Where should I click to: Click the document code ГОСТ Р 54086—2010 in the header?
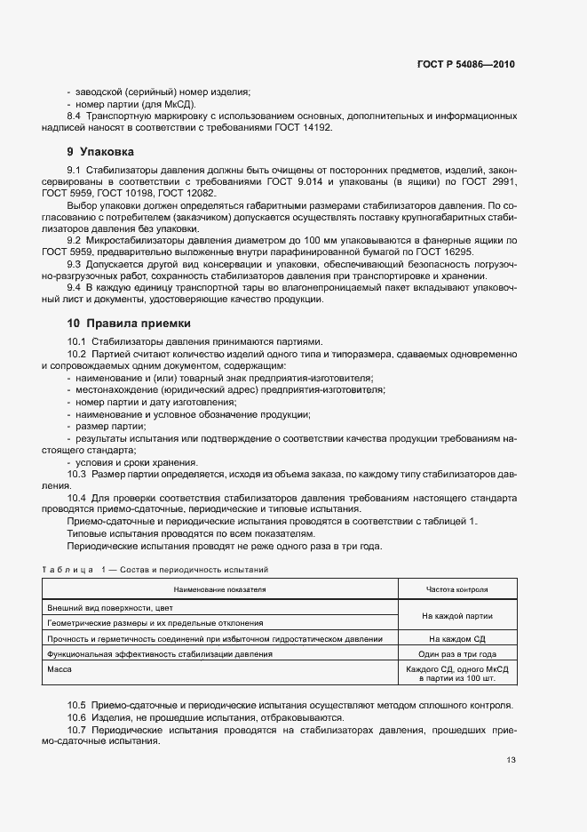[x=466, y=65]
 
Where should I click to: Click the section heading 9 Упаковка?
[x=101, y=152]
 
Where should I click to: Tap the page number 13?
[x=510, y=759]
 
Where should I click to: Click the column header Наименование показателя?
[x=220, y=588]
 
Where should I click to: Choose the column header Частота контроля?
[x=456, y=588]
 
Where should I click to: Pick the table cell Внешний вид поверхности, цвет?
[x=111, y=607]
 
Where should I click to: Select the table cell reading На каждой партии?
[x=456, y=615]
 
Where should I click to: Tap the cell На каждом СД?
[x=456, y=638]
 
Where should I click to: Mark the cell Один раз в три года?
[x=456, y=653]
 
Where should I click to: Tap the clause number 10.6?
[x=76, y=716]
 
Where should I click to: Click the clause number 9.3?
[x=74, y=263]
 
